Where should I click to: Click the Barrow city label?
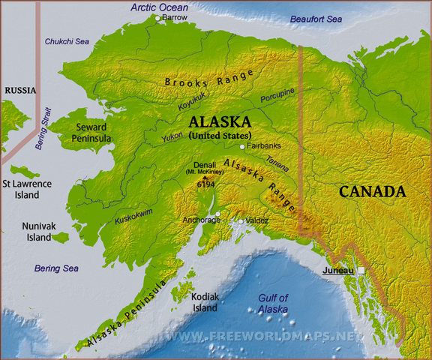(175, 17)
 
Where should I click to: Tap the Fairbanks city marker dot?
(242, 147)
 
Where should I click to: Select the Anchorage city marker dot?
(217, 214)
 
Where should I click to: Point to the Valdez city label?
(257, 221)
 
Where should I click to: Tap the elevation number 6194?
(207, 184)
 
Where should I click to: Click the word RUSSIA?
(20, 90)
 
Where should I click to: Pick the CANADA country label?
(373, 192)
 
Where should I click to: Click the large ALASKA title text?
(220, 121)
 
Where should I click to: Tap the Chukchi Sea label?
(67, 41)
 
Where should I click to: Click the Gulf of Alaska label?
(272, 303)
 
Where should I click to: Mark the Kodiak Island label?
(205, 302)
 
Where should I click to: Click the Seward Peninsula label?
(91, 133)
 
